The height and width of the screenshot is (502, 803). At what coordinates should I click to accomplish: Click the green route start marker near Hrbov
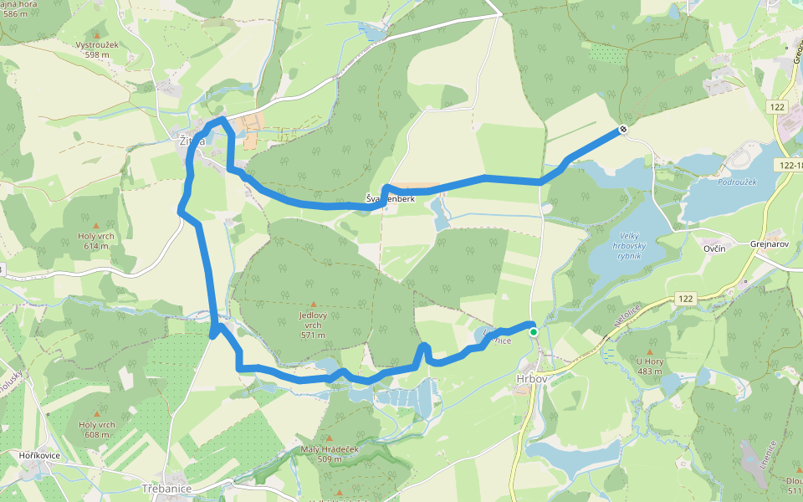click(x=533, y=332)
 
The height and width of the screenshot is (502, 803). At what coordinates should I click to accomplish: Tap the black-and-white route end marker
click(x=623, y=129)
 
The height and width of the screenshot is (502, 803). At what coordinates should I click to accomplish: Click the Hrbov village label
click(x=531, y=379)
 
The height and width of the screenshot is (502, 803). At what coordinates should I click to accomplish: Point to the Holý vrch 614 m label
click(x=95, y=241)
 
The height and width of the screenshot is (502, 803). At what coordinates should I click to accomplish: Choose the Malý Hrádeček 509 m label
click(x=329, y=453)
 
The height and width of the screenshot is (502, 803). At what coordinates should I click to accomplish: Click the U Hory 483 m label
click(x=649, y=366)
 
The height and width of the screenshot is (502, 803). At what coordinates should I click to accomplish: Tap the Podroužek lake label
click(x=737, y=181)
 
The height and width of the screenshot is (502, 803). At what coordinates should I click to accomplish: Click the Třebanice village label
click(x=166, y=488)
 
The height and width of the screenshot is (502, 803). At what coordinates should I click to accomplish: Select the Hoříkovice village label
click(x=37, y=454)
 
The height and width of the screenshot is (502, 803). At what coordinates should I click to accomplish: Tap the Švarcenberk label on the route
click(x=391, y=198)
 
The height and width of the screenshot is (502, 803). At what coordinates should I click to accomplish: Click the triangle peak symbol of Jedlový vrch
click(x=314, y=305)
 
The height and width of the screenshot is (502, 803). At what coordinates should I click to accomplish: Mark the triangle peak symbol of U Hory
click(x=649, y=351)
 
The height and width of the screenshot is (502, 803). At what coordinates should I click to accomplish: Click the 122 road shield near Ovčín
click(x=687, y=299)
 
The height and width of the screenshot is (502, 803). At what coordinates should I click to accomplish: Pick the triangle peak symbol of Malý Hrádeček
click(x=329, y=438)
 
